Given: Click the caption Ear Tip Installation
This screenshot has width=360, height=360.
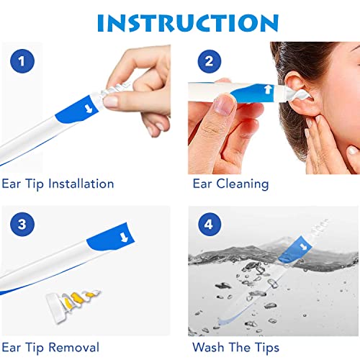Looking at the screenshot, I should pos(58,184).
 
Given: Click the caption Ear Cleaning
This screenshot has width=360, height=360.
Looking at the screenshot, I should pos(230,184).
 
